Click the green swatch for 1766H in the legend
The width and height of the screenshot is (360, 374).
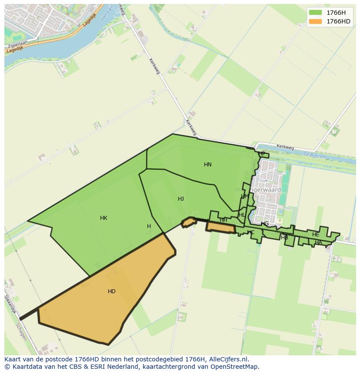click(315, 13)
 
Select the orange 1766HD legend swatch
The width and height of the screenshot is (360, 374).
click(315, 21)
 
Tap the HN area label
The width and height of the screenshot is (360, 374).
click(208, 165)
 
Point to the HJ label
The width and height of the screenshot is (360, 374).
click(181, 199)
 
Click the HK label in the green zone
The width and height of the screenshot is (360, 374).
click(103, 218)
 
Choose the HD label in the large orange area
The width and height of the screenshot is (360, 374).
click(112, 291)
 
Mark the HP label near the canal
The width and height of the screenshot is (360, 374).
click(262, 154)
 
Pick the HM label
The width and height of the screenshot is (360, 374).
click(245, 196)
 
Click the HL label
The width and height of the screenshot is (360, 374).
click(242, 215)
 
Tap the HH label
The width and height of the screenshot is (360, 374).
click(223, 220)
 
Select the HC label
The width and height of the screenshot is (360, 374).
click(251, 232)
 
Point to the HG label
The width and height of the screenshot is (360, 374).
click(265, 224)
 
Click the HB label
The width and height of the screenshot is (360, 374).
click(285, 238)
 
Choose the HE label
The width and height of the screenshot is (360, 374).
click(316, 235)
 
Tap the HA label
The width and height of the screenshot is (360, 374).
click(319, 242)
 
